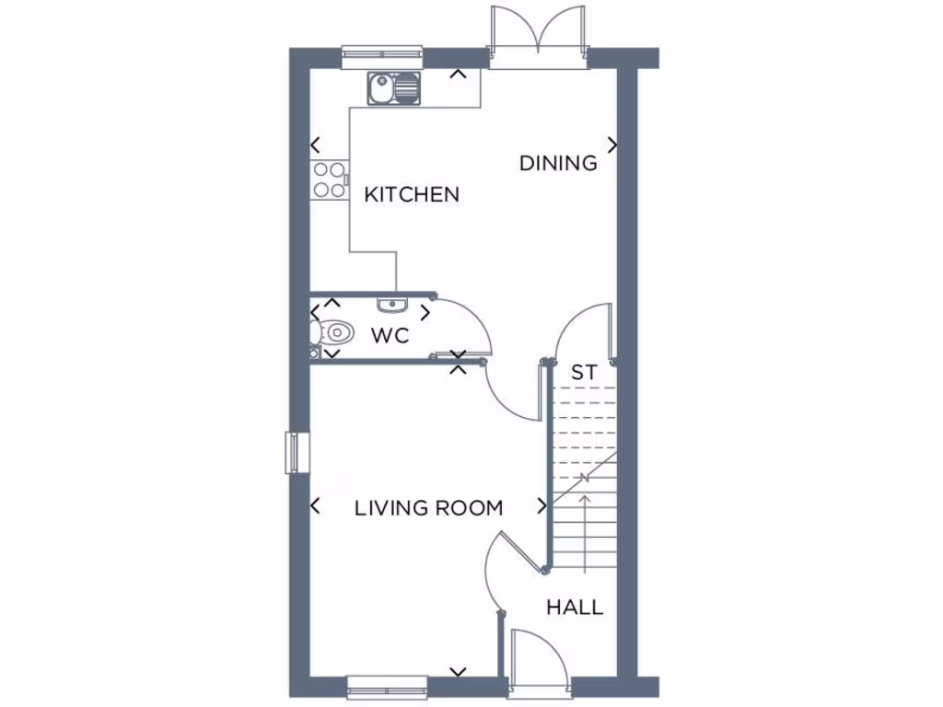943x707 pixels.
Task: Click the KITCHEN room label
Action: [412, 195]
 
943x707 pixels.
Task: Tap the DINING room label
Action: [558, 164]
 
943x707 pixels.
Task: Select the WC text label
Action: [390, 336]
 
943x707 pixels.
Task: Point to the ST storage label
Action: [584, 374]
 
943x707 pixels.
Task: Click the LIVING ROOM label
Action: [429, 508]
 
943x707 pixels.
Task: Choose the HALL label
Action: [575, 608]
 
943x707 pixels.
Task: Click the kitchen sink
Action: [393, 89]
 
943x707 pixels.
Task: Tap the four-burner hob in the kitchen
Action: [330, 180]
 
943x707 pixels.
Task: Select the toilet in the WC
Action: [332, 330]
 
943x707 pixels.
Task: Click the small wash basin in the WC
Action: [391, 303]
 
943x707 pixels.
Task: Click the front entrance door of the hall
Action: [541, 655]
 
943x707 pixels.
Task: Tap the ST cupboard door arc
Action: [580, 330]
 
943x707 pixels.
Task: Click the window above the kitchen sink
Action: [382, 58]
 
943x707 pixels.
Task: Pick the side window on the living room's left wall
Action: [294, 452]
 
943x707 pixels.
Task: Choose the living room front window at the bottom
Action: [388, 686]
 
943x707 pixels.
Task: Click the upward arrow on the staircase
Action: [585, 534]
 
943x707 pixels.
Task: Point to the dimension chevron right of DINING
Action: [612, 145]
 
